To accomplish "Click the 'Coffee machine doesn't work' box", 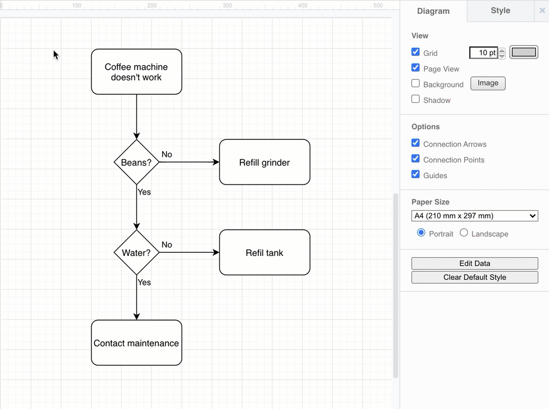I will (x=136, y=72).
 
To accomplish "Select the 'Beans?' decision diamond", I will (x=136, y=162).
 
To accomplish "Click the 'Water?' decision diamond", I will (x=136, y=253).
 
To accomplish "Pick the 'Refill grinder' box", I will (x=264, y=162).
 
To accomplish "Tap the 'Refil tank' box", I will (x=264, y=253).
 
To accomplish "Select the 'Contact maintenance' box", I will (x=136, y=343).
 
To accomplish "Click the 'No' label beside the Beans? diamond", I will (x=166, y=154).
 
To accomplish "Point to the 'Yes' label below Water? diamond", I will (x=144, y=282).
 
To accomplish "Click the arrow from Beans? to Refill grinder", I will (x=188, y=162).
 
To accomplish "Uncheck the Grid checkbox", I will (x=416, y=53).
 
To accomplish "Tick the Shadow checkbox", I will (x=416, y=99).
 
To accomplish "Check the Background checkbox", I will (x=416, y=83).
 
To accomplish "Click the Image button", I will (x=487, y=83).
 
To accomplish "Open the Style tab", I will (x=500, y=11).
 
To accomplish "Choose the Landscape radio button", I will (x=464, y=233).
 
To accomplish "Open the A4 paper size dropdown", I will (x=475, y=216).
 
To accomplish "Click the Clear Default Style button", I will (x=475, y=277).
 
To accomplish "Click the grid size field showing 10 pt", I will (x=483, y=53).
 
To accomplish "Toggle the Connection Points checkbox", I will (x=416, y=159).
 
